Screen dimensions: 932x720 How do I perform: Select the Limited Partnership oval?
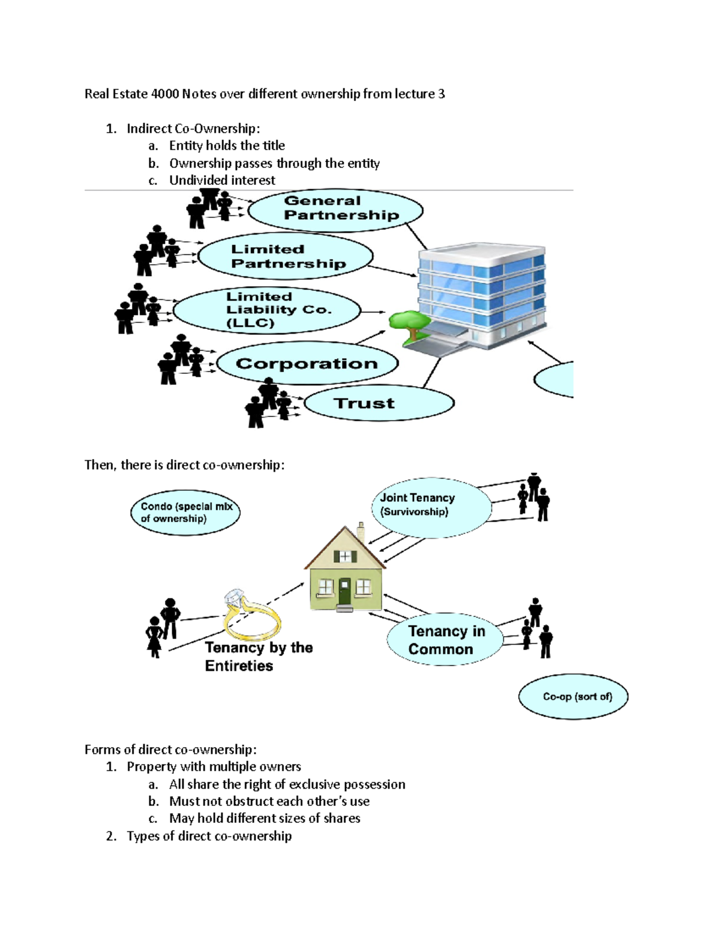(x=285, y=256)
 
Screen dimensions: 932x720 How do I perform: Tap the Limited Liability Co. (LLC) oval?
(x=267, y=310)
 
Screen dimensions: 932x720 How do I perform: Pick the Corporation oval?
(x=307, y=363)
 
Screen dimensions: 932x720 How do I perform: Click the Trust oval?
(x=379, y=403)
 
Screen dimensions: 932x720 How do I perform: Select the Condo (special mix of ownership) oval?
(x=185, y=512)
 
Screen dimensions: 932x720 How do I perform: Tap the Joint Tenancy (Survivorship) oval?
(x=431, y=507)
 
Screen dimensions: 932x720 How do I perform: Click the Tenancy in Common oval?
(x=445, y=640)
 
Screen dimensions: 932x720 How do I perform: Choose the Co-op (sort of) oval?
(x=573, y=696)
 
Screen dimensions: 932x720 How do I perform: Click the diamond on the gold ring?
(x=234, y=599)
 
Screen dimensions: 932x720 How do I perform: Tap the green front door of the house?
(x=344, y=592)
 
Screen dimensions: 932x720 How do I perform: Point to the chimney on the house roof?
(x=361, y=532)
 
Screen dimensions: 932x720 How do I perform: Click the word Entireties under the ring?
(x=239, y=666)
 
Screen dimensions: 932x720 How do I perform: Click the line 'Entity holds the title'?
(x=227, y=145)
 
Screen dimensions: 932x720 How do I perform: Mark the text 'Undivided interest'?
(x=222, y=180)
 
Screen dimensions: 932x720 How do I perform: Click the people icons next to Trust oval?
(x=268, y=403)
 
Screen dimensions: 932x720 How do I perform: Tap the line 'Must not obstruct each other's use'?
(x=269, y=801)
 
